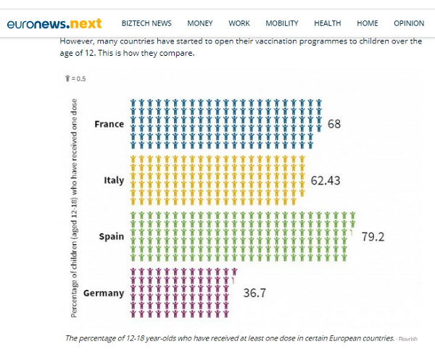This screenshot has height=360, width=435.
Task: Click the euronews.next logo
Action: pyautogui.click(x=54, y=23)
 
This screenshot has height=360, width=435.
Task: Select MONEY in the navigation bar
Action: pyautogui.click(x=199, y=23)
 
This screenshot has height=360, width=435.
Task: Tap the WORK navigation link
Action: pyautogui.click(x=239, y=23)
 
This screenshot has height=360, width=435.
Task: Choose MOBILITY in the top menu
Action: pyautogui.click(x=282, y=23)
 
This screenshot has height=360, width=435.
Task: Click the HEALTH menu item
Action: pyautogui.click(x=328, y=23)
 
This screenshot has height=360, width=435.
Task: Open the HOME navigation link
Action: pyautogui.click(x=368, y=23)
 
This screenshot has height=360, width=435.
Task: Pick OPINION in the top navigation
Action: pyautogui.click(x=409, y=23)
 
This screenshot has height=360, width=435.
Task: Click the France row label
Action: pyautogui.click(x=109, y=124)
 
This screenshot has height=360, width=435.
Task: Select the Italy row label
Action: pyautogui.click(x=115, y=180)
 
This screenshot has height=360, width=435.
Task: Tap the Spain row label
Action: pyautogui.click(x=112, y=237)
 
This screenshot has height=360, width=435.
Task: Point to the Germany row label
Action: pyautogui.click(x=104, y=293)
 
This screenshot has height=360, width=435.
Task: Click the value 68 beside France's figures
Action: pyautogui.click(x=334, y=124)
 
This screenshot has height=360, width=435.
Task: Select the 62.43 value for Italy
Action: pyautogui.click(x=326, y=180)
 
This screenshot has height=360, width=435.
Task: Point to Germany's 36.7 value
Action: pyautogui.click(x=255, y=293)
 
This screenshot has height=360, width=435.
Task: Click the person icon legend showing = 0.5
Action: pyautogui.click(x=75, y=78)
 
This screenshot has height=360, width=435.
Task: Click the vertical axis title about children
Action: pyautogui.click(x=75, y=206)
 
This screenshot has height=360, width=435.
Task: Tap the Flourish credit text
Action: pyautogui.click(x=408, y=338)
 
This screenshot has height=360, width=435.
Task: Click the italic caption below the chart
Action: pyautogui.click(x=230, y=338)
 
